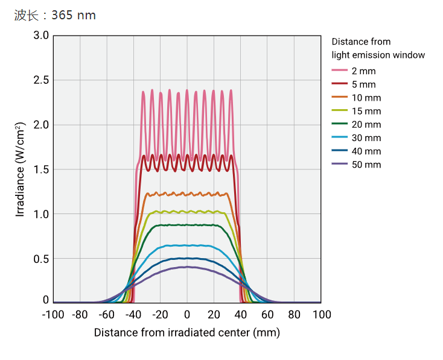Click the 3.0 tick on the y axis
[x=41, y=36]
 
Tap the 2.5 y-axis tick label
[x=41, y=80]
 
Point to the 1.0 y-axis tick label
[x=41, y=214]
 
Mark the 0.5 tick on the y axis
[x=41, y=259]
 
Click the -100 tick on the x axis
[x=53, y=314]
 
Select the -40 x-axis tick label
[x=133, y=314]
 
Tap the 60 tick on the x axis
[x=267, y=314]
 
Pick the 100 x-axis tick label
[x=321, y=314]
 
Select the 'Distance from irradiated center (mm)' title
[x=187, y=332]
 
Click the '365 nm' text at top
[x=74, y=15]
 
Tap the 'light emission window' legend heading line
[x=378, y=55]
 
